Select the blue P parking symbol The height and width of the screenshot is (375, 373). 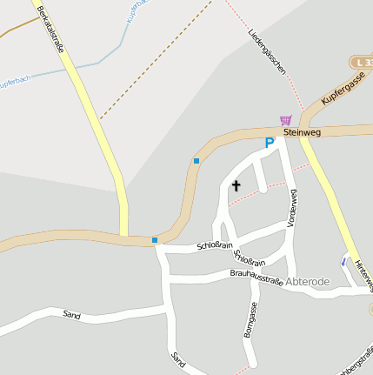tap(270, 143)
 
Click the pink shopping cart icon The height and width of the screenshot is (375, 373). tap(285, 119)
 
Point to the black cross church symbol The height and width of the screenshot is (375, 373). tap(236, 185)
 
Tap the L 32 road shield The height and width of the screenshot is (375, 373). tap(363, 63)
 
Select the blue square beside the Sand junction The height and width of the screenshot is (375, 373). tap(155, 240)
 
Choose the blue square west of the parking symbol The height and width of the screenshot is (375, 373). tap(196, 161)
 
